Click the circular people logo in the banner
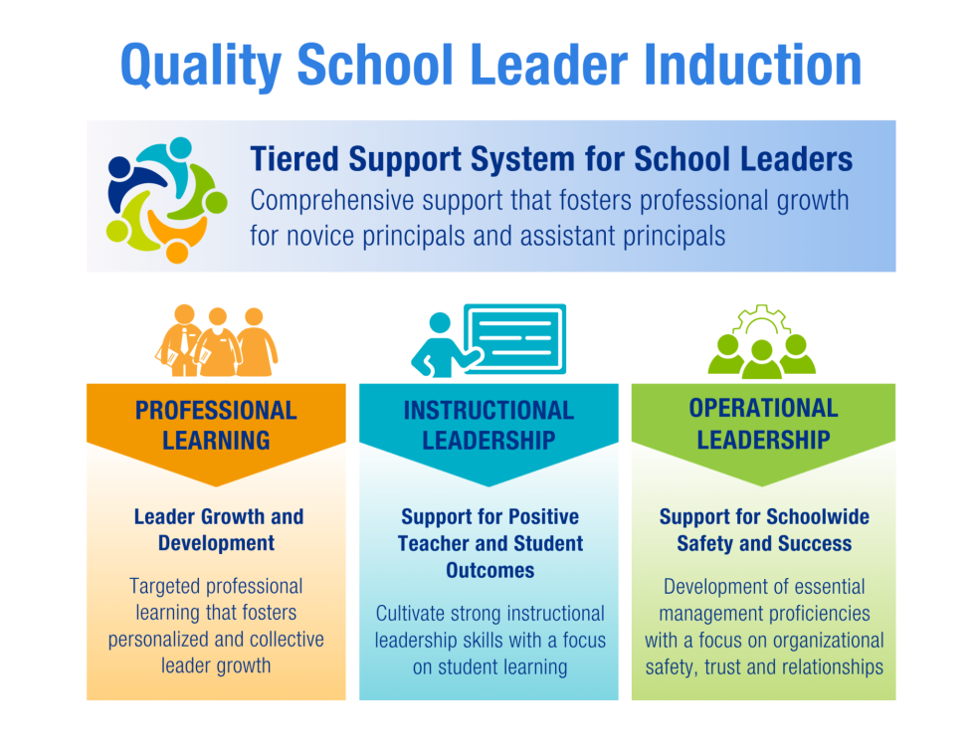[165, 198]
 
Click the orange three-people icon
[216, 341]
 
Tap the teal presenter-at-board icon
[487, 340]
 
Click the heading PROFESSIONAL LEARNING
[216, 425]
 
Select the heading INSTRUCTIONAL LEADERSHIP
[488, 425]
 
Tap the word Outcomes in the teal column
[489, 571]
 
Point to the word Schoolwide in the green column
[819, 517]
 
